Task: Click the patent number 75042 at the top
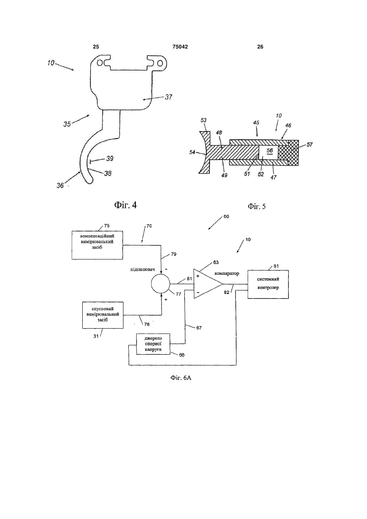(180, 47)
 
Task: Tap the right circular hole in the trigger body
(160, 63)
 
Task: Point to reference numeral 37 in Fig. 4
(169, 97)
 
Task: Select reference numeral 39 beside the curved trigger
(110, 159)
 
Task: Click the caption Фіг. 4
(125, 205)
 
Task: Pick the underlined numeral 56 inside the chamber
(270, 150)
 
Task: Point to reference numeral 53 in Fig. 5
(204, 120)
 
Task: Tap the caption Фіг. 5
(257, 206)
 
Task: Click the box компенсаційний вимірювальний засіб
(97, 245)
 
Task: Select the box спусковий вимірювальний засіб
(103, 315)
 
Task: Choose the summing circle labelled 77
(160, 284)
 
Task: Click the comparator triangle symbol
(206, 284)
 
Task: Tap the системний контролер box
(268, 284)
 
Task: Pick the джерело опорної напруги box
(153, 344)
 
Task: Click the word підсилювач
(139, 269)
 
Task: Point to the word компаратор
(227, 274)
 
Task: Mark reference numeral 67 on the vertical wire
(199, 328)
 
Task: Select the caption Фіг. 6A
(181, 378)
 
